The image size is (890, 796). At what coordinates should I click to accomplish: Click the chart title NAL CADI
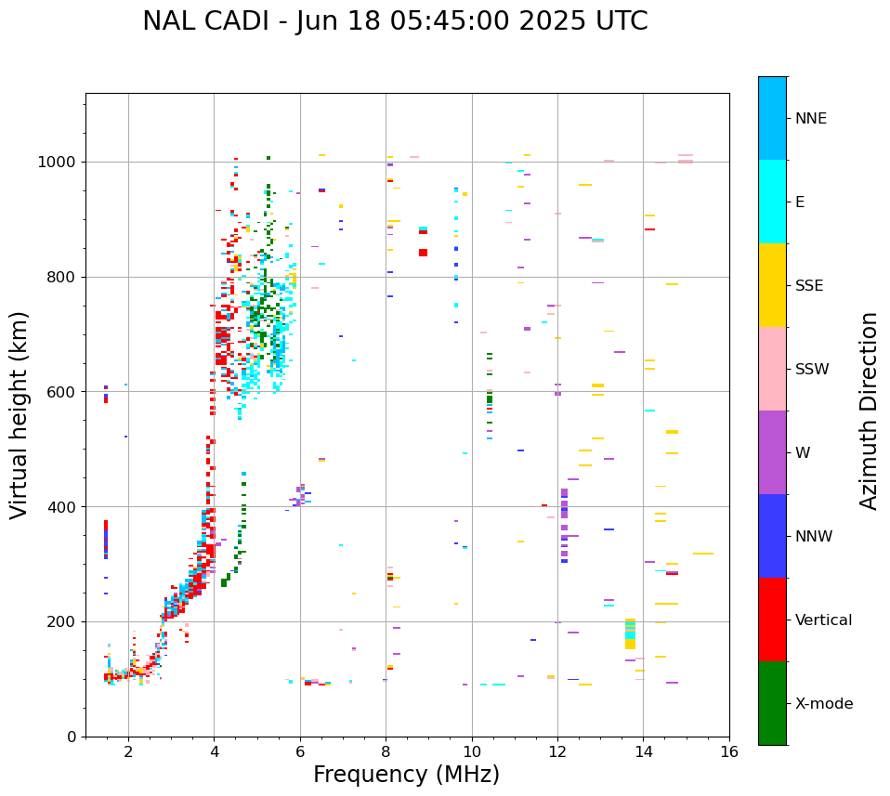pyautogui.click(x=395, y=21)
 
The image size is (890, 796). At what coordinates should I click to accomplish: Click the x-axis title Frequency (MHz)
pyautogui.click(x=406, y=775)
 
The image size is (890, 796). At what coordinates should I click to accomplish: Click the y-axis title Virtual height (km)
pyautogui.click(x=20, y=415)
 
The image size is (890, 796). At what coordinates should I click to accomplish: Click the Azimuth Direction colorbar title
pyautogui.click(x=869, y=411)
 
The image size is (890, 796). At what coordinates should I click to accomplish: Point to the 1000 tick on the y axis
pyautogui.click(x=61, y=163)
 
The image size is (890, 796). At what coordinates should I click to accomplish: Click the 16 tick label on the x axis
pyautogui.click(x=729, y=751)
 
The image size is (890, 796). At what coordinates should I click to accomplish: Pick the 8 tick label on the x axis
pyautogui.click(x=386, y=751)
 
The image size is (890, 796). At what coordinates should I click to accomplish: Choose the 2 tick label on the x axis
pyautogui.click(x=128, y=751)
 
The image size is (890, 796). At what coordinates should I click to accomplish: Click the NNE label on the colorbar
pyautogui.click(x=810, y=119)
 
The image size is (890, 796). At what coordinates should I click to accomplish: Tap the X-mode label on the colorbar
pyautogui.click(x=824, y=704)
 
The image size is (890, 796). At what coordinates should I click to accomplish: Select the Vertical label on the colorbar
pyautogui.click(x=823, y=620)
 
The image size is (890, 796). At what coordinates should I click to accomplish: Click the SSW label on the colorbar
pyautogui.click(x=812, y=370)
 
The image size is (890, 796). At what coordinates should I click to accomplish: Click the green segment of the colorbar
pyautogui.click(x=772, y=703)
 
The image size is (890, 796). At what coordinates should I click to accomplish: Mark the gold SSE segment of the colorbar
pyautogui.click(x=772, y=285)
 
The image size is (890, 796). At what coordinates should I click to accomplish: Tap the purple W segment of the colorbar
pyautogui.click(x=772, y=452)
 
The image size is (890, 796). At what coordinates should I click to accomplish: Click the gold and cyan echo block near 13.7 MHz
pyautogui.click(x=630, y=633)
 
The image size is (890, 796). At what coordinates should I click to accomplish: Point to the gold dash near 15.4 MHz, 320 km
pyautogui.click(x=703, y=554)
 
